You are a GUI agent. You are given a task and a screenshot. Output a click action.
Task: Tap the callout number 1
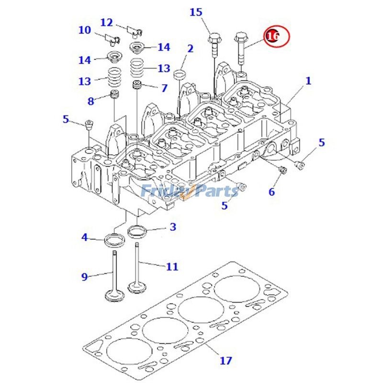point(308,81)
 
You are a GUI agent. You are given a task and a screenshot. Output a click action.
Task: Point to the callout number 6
point(271,192)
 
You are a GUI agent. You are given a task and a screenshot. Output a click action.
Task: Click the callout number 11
point(172,266)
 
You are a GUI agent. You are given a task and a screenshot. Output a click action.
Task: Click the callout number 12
point(106,22)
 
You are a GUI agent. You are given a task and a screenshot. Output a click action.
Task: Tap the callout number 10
point(85,30)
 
